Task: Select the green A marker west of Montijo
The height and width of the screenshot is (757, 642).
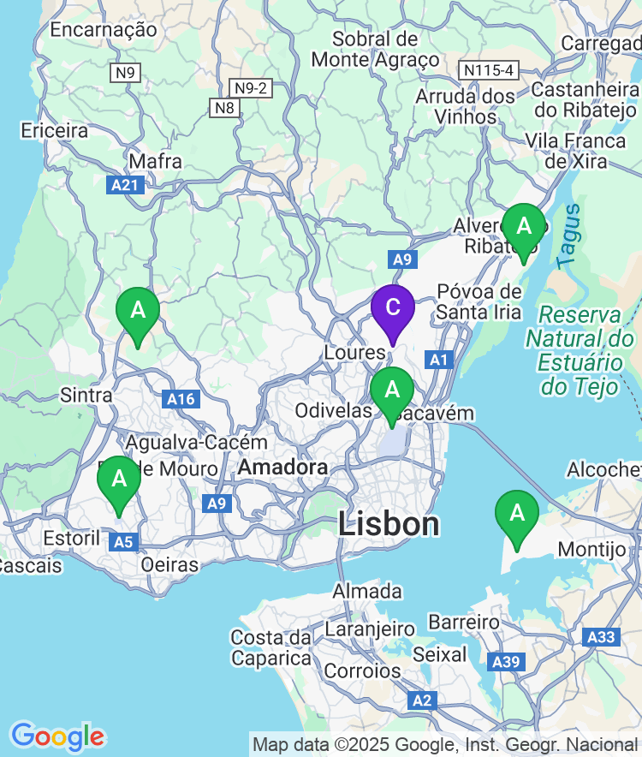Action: click(x=517, y=514)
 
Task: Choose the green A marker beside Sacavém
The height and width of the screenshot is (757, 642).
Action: click(x=392, y=390)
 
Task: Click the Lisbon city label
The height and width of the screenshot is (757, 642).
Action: click(x=389, y=524)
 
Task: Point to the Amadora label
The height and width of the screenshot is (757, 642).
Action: click(x=282, y=468)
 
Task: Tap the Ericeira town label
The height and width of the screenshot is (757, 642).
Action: click(x=55, y=131)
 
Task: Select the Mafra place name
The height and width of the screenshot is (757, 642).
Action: click(x=155, y=161)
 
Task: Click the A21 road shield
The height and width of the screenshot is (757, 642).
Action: click(x=126, y=184)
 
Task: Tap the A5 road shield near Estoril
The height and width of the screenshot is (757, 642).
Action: click(x=124, y=541)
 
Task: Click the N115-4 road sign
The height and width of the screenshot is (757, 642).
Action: click(x=489, y=69)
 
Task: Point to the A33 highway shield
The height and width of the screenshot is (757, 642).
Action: click(x=601, y=637)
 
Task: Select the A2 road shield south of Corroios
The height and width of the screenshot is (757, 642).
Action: click(x=422, y=700)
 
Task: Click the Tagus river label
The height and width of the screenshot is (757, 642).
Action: click(x=569, y=233)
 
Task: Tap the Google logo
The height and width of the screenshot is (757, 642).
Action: click(x=57, y=736)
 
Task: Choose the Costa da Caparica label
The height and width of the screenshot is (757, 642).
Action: click(x=270, y=648)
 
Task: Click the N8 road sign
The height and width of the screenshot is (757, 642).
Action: click(x=224, y=107)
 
